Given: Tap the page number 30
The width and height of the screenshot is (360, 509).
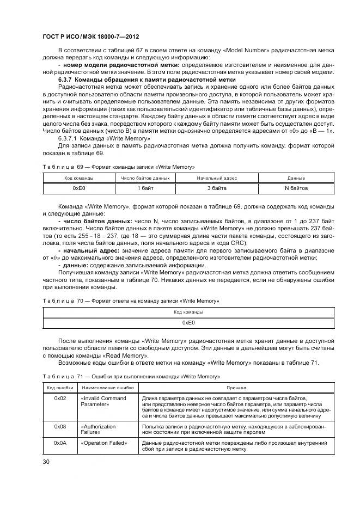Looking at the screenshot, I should click(46, 462).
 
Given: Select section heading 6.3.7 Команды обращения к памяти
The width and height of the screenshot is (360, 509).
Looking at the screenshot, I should click(147, 80).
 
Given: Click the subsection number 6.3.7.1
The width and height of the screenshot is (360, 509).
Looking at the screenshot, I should click(70, 139).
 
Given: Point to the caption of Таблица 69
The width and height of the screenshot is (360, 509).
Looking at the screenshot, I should click(118, 166).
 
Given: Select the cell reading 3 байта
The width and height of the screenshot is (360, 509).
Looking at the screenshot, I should click(216, 188).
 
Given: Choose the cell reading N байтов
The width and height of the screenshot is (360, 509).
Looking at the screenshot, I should click(296, 188).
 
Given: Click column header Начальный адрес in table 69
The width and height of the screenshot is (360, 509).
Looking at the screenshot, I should click(216, 178).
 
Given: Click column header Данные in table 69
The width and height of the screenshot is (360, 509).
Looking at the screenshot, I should click(296, 178).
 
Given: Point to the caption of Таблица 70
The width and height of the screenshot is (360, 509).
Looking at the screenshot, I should click(130, 301).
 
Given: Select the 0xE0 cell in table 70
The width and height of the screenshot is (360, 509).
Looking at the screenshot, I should click(188, 323).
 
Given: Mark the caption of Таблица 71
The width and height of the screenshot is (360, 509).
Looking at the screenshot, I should click(130, 377).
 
